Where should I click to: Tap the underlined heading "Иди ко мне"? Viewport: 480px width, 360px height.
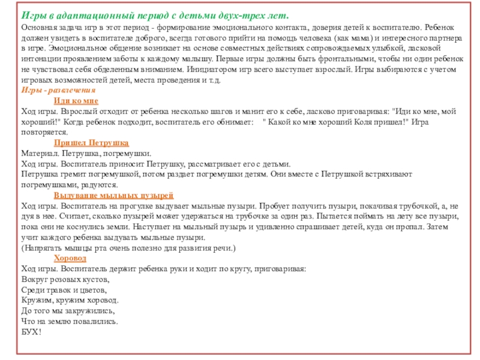(76, 100)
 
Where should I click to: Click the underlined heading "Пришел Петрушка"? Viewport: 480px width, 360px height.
(91, 143)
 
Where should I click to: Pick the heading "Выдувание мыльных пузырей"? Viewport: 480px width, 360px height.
(113, 196)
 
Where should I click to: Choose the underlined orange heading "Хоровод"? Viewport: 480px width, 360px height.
(70, 258)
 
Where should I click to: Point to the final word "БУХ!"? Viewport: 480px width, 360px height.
(31, 331)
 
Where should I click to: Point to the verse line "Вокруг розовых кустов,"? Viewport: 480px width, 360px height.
(65, 279)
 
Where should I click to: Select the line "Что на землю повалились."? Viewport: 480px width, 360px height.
(70, 320)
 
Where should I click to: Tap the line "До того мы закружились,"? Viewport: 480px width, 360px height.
(68, 310)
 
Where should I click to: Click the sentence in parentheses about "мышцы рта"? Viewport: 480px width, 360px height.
(128, 248)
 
